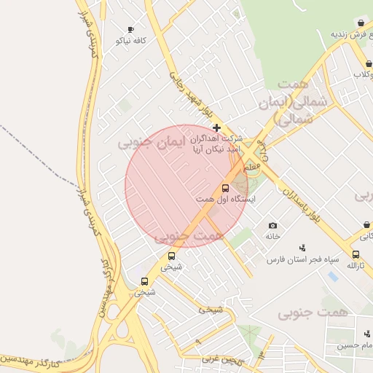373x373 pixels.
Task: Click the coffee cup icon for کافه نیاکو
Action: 130,30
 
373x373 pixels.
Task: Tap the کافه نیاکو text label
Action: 130,41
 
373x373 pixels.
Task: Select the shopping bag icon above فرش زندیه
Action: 361,23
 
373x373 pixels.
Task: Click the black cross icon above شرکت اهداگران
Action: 216,127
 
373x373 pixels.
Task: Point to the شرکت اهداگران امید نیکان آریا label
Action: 215,144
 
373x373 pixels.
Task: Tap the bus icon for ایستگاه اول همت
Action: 224,188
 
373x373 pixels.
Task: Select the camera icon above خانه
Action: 272,226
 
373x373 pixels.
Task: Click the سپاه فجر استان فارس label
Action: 298,259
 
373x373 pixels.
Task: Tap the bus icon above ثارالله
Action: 356,254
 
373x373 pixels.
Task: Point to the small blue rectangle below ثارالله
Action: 333,277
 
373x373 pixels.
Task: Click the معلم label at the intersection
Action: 253,167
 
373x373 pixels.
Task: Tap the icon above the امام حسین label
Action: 367,334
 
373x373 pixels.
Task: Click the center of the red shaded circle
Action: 186,186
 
